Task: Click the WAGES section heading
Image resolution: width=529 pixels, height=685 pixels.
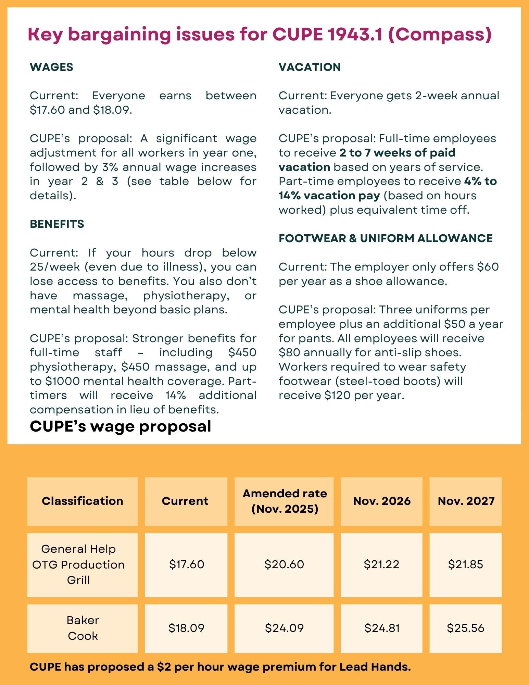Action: [51, 67]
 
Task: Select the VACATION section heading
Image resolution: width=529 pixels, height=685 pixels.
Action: [310, 67]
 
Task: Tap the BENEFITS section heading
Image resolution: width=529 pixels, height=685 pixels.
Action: [57, 224]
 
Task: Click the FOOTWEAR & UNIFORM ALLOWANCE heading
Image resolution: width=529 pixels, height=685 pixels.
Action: [386, 238]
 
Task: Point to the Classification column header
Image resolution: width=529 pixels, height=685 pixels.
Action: [83, 501]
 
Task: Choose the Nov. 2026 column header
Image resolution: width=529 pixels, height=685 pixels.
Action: [382, 501]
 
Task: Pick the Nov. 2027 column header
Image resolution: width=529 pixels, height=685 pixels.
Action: [466, 501]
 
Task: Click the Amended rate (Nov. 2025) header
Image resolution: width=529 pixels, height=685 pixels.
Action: [285, 501]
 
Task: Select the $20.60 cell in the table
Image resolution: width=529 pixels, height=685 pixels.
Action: [284, 564]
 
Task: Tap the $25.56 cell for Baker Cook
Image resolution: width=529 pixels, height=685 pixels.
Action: [466, 628]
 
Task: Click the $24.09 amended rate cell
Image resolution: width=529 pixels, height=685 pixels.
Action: [284, 628]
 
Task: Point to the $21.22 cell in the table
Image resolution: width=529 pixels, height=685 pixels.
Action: [381, 564]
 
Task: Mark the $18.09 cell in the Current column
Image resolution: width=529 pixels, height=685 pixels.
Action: [186, 628]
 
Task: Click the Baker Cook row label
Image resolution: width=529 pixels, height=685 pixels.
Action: [83, 628]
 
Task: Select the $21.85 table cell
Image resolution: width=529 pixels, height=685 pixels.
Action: [466, 564]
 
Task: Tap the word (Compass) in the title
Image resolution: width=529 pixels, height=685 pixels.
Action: [440, 35]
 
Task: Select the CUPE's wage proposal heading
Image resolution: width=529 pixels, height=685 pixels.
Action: [120, 426]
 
